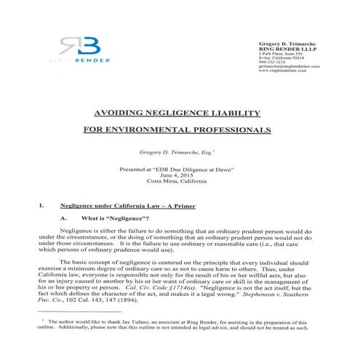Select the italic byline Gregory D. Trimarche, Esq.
click(179, 155)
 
